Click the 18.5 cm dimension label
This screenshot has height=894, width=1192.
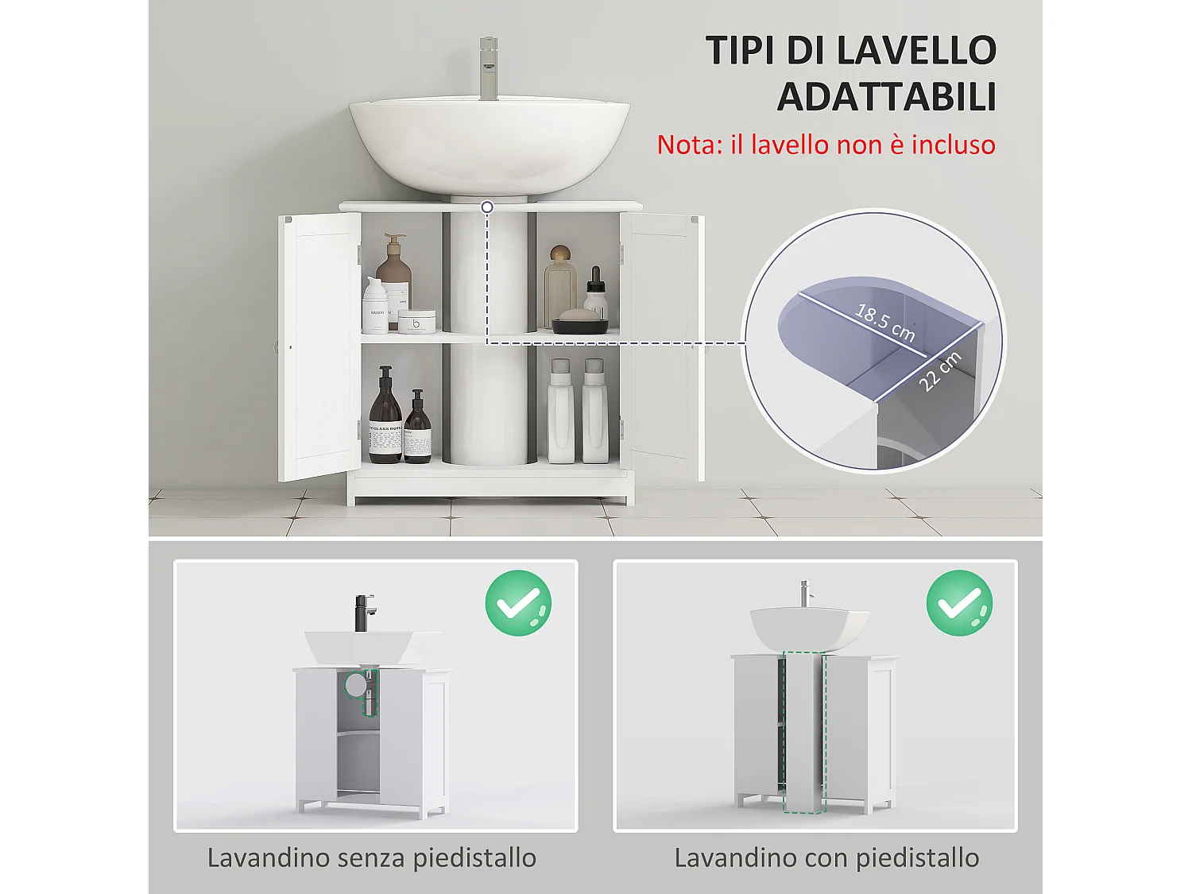click(884, 323)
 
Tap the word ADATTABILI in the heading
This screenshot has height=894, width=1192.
click(886, 97)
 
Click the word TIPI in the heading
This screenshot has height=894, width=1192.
click(740, 51)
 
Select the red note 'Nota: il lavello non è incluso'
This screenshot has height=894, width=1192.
click(826, 145)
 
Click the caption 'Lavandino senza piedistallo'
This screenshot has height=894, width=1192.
click(371, 858)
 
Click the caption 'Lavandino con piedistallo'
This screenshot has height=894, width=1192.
click(826, 858)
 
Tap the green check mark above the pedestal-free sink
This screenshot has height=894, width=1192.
click(518, 603)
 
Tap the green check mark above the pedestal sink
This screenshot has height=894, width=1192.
click(959, 603)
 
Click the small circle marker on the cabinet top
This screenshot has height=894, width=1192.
click(487, 207)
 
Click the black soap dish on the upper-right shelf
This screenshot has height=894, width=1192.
click(579, 324)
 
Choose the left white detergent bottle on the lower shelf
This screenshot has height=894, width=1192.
click(560, 413)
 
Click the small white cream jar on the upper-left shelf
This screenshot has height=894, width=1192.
click(416, 322)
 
